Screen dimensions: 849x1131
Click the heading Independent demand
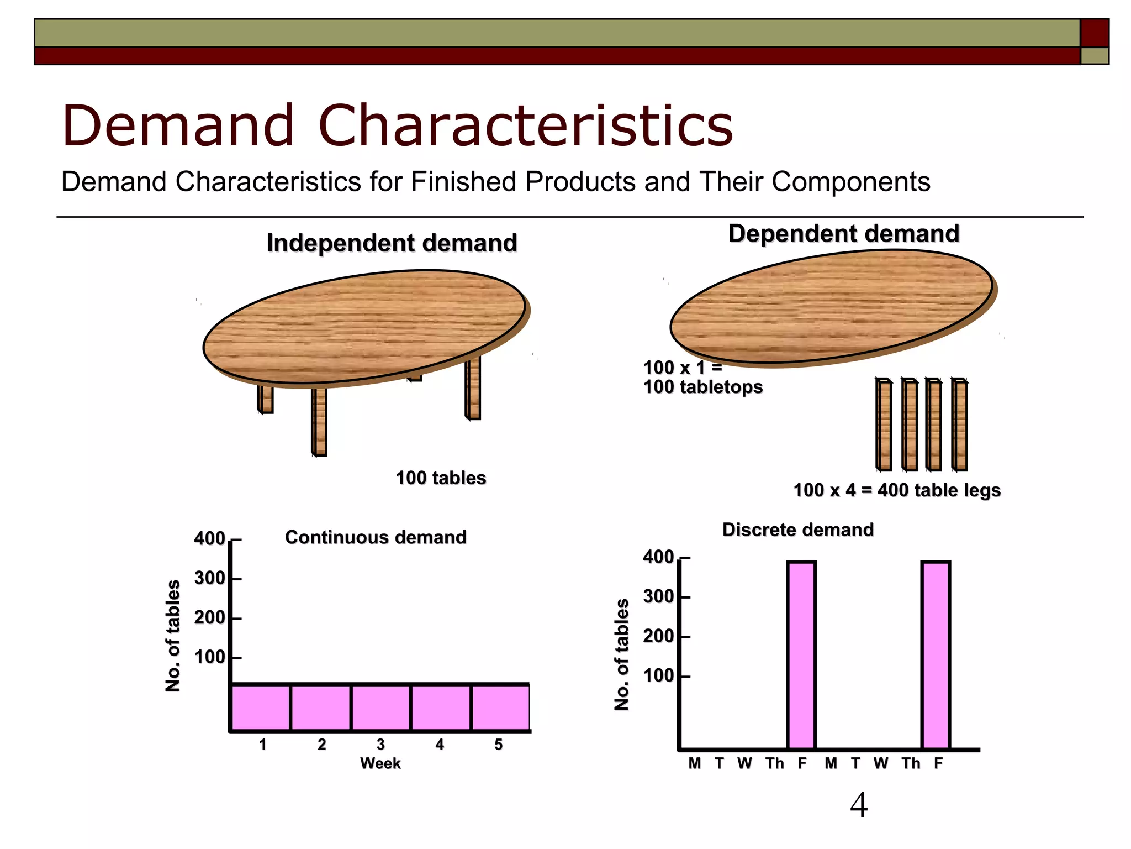pos(392,243)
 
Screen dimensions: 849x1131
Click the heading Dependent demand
pos(843,233)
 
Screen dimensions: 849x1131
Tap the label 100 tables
pos(441,478)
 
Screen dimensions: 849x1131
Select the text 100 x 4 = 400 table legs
pos(897,490)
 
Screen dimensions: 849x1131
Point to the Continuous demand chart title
pos(376,537)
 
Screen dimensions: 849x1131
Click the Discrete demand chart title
pos(798,530)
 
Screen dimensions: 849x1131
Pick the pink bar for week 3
pos(380,708)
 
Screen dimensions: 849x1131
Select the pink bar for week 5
pos(500,708)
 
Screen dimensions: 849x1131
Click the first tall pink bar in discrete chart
pos(801,655)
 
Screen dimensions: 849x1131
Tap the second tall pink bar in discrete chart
pos(936,655)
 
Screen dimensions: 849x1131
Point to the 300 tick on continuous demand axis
pos(210,578)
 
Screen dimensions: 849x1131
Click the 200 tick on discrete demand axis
pos(659,636)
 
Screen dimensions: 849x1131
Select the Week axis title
pos(380,763)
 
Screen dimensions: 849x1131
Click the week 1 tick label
pos(263,745)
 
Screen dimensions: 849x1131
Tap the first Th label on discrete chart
pos(774,763)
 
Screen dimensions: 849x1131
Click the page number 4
pos(859,805)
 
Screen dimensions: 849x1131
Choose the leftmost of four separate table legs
pos(884,424)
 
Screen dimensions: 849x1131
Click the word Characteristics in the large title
pos(526,126)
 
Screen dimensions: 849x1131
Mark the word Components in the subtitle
pos(850,182)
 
